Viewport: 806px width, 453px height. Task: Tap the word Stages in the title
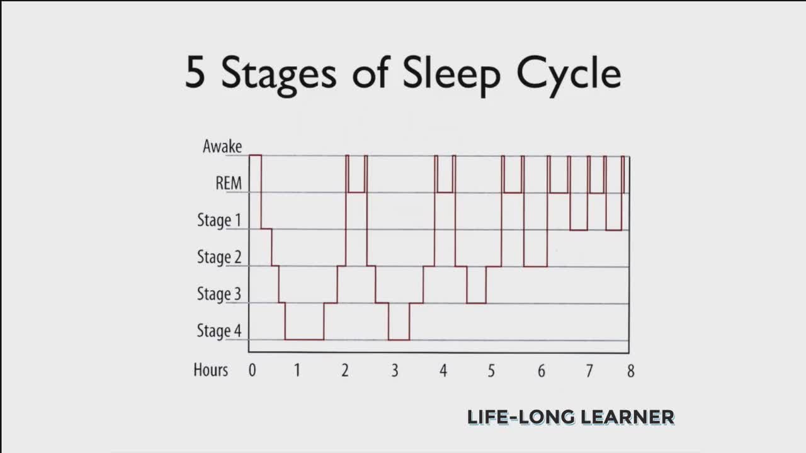(x=279, y=76)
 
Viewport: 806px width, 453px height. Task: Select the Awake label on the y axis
(x=222, y=147)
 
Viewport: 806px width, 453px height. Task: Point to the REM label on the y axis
(x=229, y=183)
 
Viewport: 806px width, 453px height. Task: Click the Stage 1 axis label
(x=219, y=220)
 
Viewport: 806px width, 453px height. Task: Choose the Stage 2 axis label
(x=219, y=257)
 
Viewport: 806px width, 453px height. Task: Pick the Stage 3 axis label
(x=219, y=294)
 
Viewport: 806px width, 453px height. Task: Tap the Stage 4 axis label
(x=219, y=331)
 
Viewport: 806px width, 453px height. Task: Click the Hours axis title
(x=210, y=370)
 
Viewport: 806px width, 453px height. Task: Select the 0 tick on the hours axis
(x=253, y=371)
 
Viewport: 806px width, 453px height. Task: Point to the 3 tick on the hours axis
(x=395, y=371)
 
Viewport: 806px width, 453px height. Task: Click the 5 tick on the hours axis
(x=491, y=371)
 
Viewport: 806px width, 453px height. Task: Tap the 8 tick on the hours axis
(x=631, y=371)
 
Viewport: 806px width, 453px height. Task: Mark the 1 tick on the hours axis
(x=297, y=371)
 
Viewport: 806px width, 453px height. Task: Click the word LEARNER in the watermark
(x=627, y=417)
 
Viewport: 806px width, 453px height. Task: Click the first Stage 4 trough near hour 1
(x=304, y=339)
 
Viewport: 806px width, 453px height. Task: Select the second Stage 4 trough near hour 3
(x=399, y=340)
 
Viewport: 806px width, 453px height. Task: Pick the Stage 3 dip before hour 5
(x=477, y=303)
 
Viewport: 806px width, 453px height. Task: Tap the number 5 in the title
(x=195, y=72)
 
